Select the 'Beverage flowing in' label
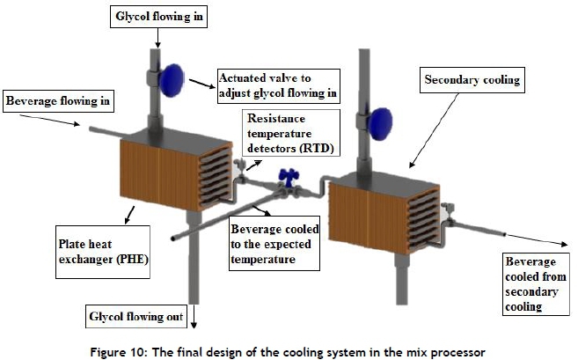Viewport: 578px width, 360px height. (x=57, y=102)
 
